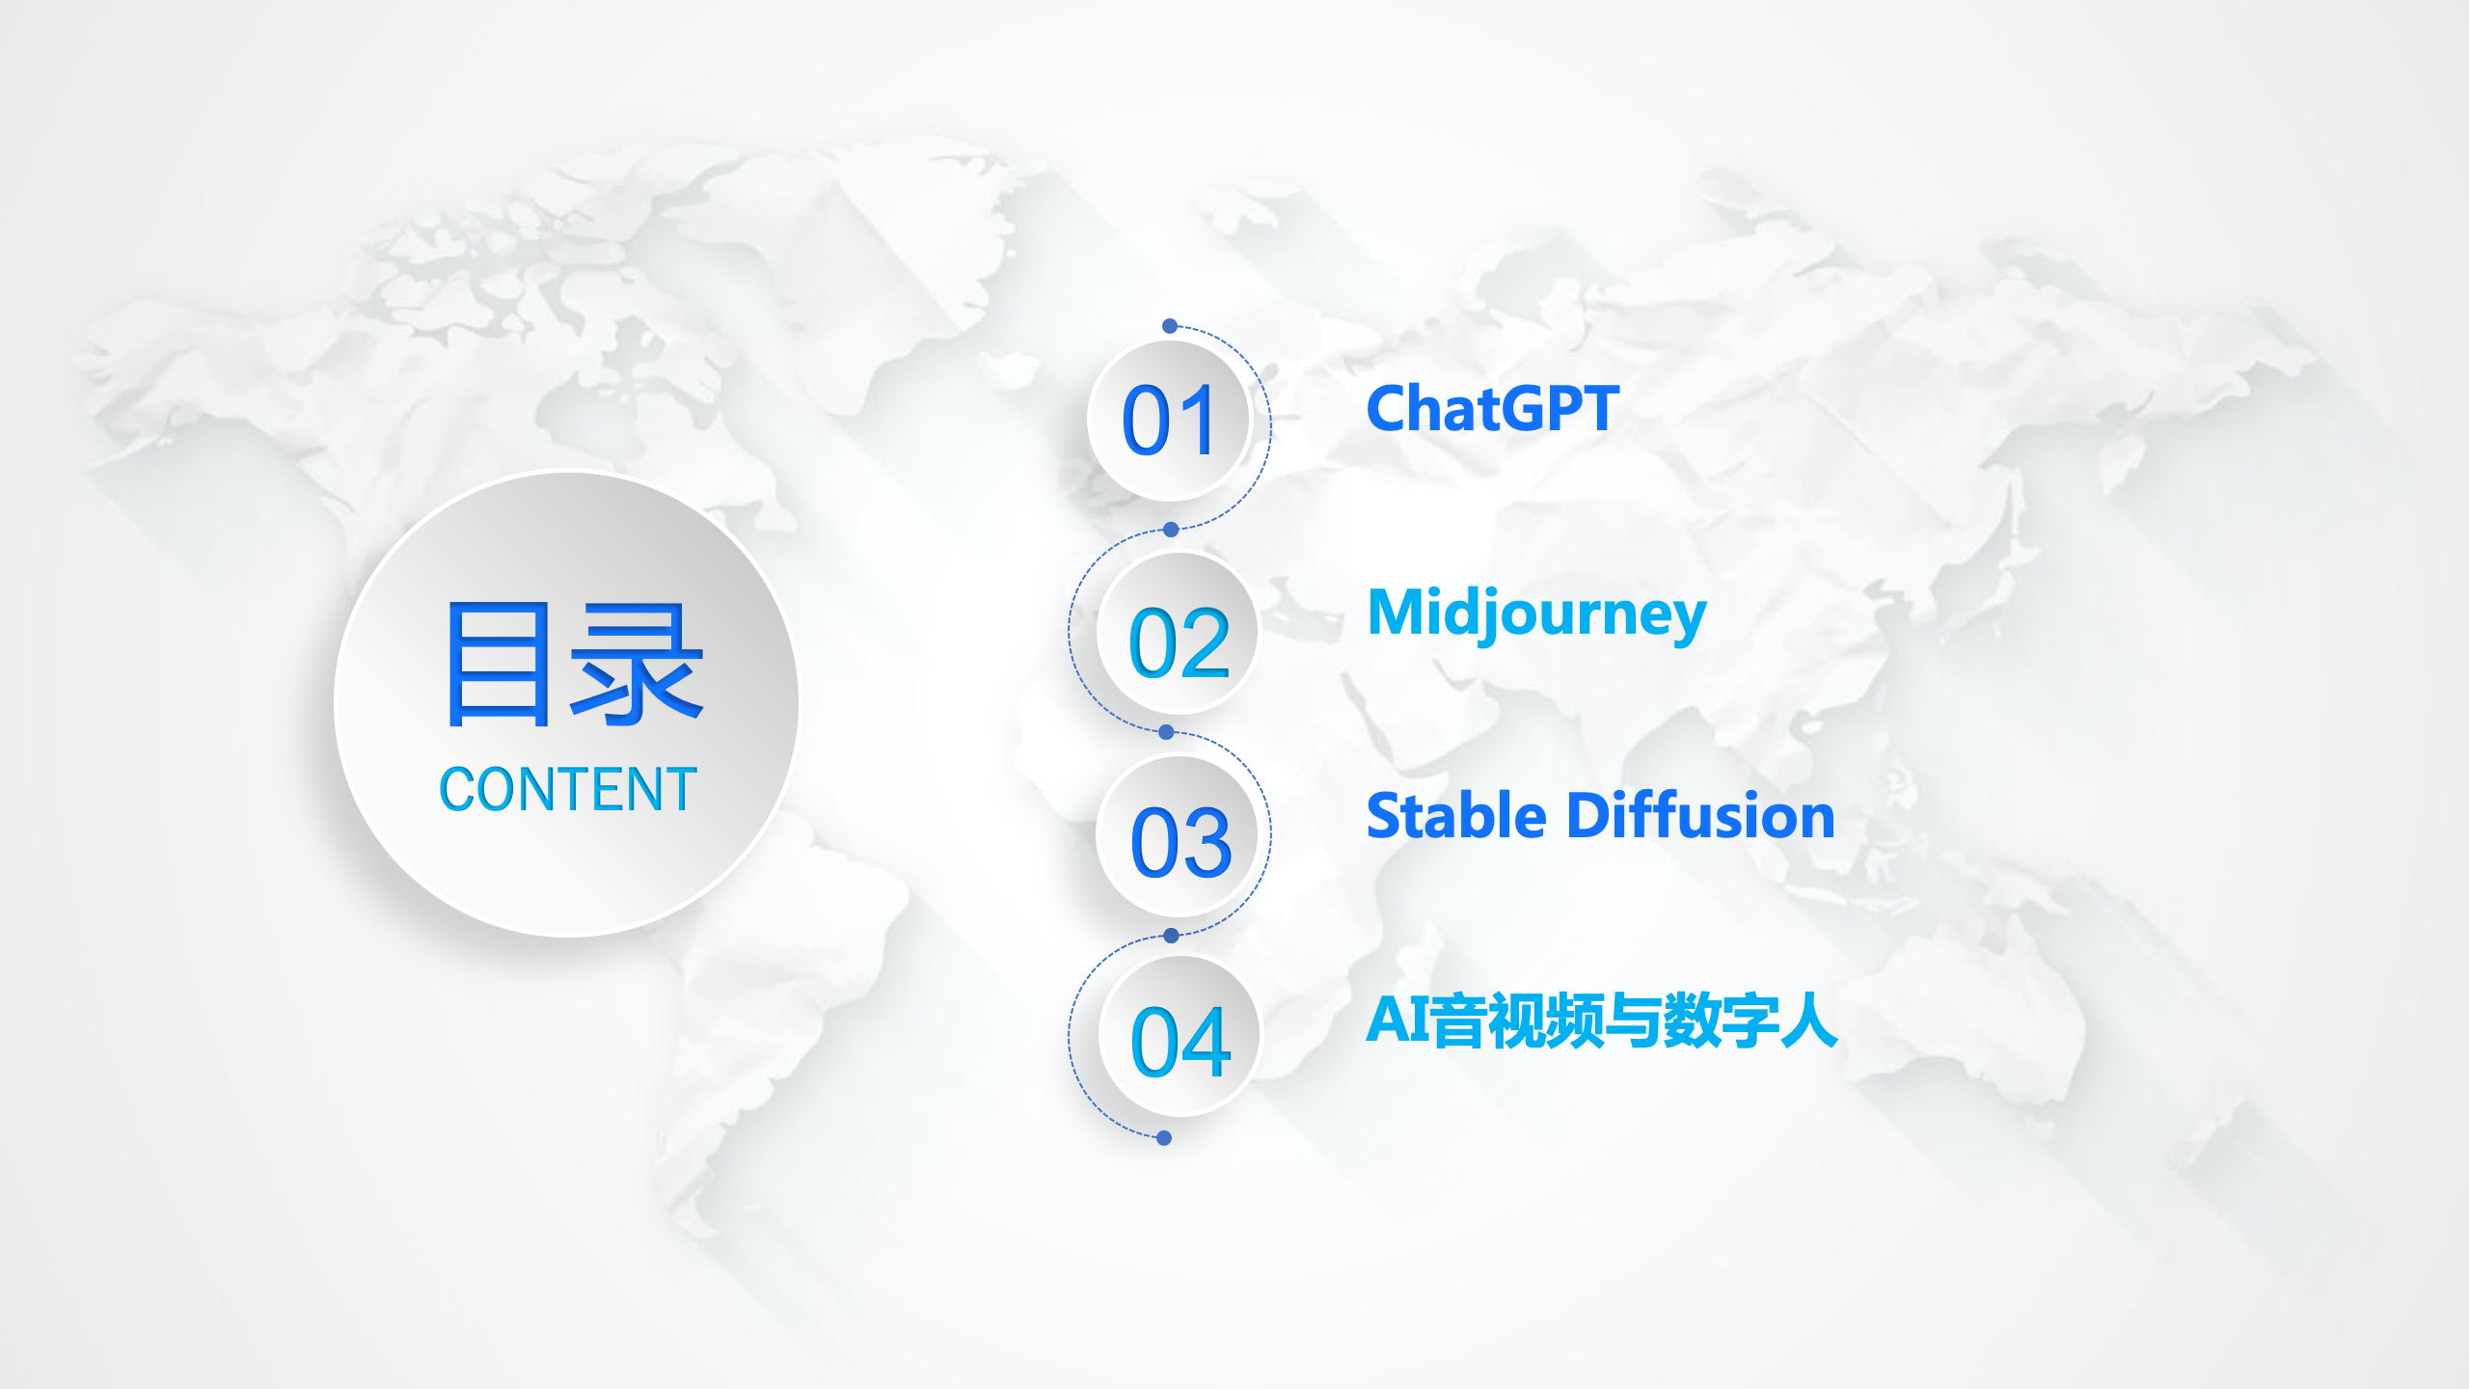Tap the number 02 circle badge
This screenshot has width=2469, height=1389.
tap(1179, 633)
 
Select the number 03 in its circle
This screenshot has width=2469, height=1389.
tap(1181, 842)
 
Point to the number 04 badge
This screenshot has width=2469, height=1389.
tap(1180, 1037)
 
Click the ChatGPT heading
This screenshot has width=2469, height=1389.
tap(1493, 408)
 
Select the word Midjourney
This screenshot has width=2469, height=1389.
tap(1537, 615)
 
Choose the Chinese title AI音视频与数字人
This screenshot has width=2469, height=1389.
tap(1602, 1021)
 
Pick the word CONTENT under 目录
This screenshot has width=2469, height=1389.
tap(568, 789)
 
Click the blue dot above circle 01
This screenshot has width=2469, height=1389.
tap(1170, 326)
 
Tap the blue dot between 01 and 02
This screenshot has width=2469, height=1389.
tap(1171, 530)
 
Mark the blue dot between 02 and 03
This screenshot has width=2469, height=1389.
tap(1166, 732)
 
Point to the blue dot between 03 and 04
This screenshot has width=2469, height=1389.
tap(1171, 936)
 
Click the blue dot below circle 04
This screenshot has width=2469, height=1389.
tap(1164, 1138)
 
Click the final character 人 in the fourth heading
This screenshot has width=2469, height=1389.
tap(1808, 1021)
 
